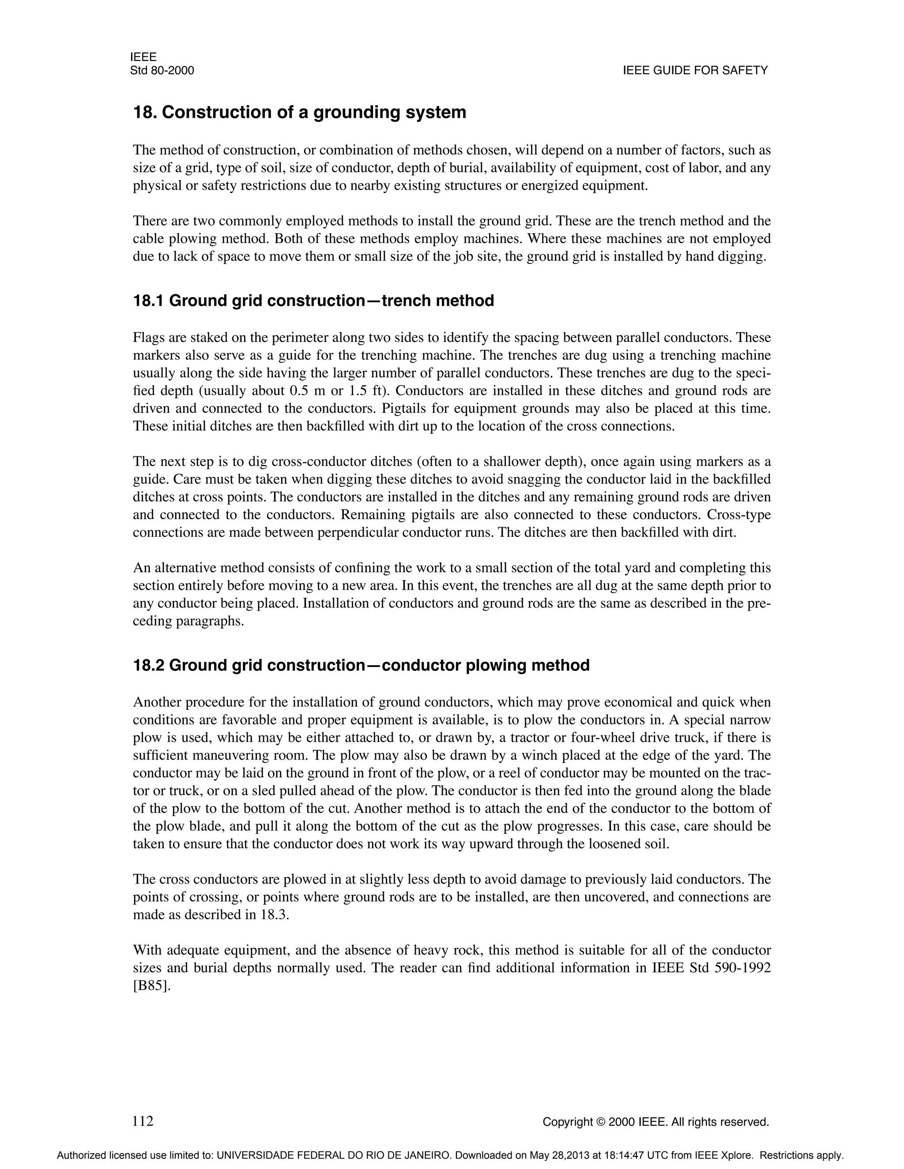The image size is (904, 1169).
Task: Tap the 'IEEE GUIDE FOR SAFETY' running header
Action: [695, 71]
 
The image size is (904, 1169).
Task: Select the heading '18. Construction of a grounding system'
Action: [299, 112]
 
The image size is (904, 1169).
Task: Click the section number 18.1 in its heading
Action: [148, 301]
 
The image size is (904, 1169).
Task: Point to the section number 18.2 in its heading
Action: [148, 665]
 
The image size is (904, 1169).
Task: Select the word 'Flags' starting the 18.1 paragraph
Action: [148, 338]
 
